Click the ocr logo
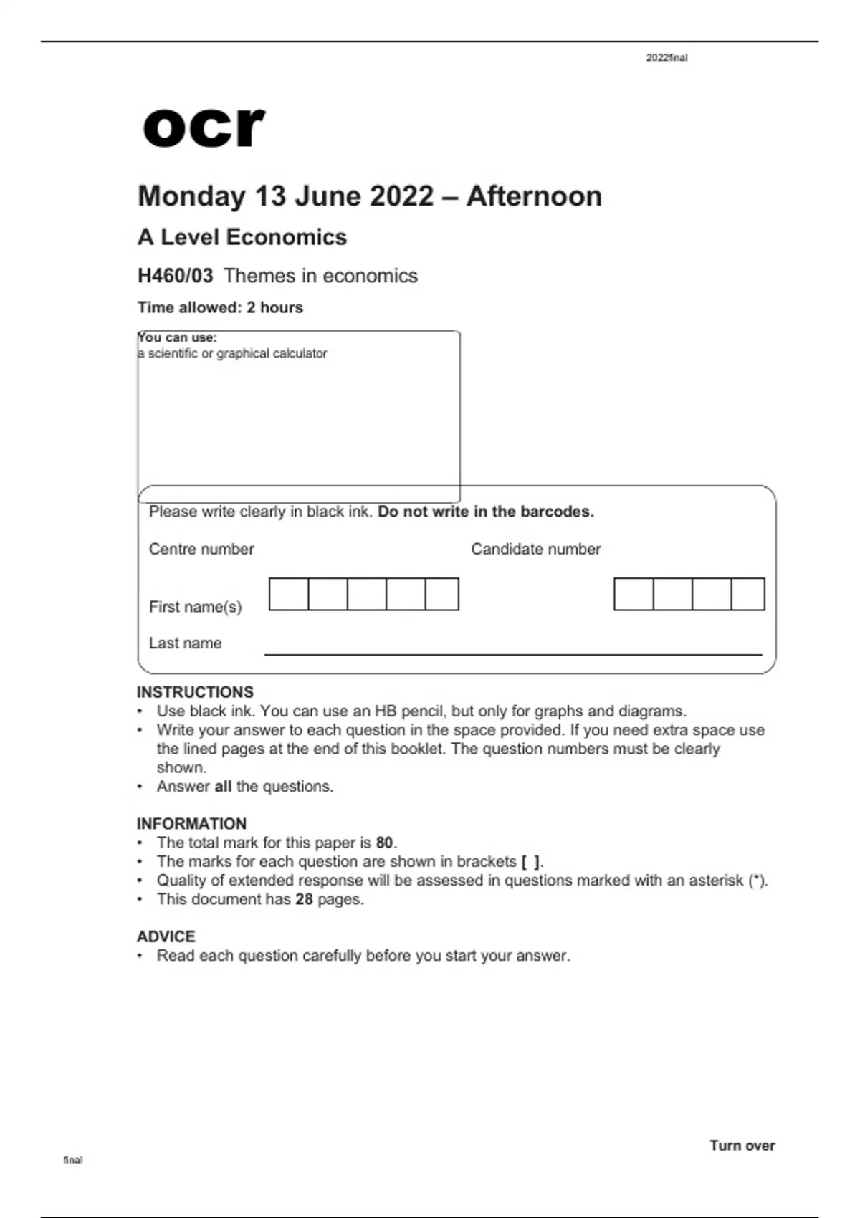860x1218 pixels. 204,128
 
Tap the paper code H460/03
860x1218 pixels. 175,276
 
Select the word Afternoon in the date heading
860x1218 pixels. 534,196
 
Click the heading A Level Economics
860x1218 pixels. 242,237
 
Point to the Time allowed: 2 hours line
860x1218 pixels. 220,307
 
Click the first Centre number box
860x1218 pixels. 289,594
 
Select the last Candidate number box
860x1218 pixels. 747,594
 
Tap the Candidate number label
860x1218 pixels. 535,549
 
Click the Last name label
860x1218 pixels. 185,643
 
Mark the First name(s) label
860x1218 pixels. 195,607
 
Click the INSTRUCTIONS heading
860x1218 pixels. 195,692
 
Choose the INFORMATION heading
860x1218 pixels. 191,824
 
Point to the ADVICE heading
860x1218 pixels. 166,936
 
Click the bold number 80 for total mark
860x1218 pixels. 384,843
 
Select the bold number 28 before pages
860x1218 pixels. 304,899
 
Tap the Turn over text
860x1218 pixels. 742,1146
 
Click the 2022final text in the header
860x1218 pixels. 666,58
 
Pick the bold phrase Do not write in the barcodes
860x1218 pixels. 486,512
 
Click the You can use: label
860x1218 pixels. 177,337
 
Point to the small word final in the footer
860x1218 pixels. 73,1160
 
